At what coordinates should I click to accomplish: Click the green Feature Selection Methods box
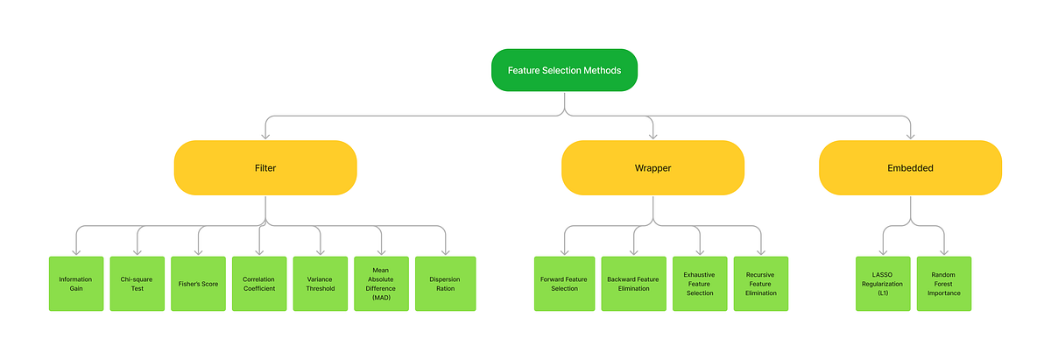564,70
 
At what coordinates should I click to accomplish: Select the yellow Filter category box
265,167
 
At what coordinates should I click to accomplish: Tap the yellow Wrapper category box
652,167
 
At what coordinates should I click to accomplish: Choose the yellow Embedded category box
910,167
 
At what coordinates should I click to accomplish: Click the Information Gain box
76,283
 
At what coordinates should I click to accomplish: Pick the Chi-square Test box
138,283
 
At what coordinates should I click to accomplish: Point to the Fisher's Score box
199,283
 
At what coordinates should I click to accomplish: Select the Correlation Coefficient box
259,283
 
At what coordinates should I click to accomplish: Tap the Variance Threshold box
321,283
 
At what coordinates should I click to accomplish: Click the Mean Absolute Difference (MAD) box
382,283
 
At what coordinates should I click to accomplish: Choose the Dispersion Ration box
444,283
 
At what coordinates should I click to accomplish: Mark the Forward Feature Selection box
564,283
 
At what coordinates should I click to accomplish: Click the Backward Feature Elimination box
633,283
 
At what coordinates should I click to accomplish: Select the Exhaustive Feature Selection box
700,283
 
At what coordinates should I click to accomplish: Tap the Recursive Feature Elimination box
761,283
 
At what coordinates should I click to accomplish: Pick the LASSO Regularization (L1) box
883,283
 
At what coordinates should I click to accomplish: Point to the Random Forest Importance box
944,283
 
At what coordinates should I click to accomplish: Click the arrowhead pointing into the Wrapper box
652,136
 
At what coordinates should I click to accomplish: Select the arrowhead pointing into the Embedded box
910,136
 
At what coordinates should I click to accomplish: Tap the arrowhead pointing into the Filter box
265,136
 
